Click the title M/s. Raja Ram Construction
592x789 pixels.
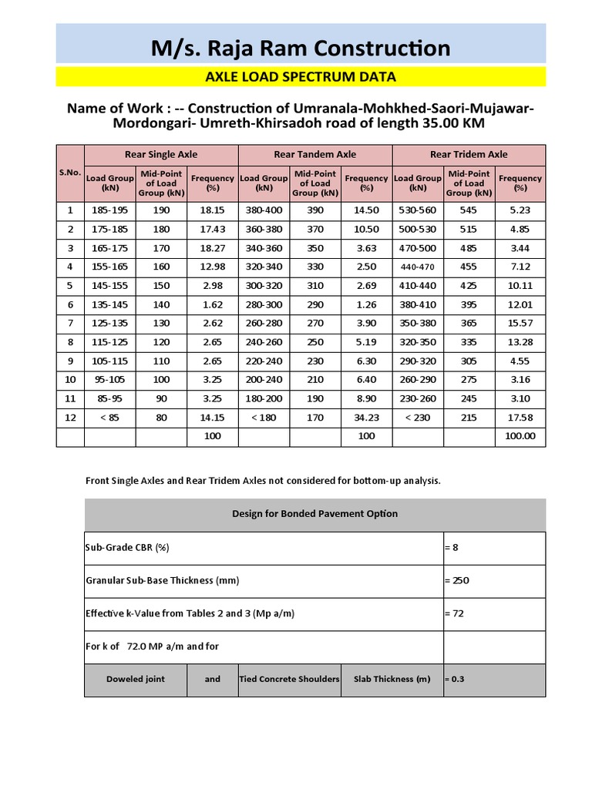pyautogui.click(x=301, y=48)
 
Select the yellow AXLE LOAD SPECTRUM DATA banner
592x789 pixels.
pyautogui.click(x=301, y=76)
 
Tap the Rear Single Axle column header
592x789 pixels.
pyautogui.click(x=161, y=154)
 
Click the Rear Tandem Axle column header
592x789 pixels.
pyautogui.click(x=315, y=154)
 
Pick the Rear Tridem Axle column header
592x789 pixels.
pyautogui.click(x=469, y=154)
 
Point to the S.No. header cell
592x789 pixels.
pyautogui.click(x=70, y=173)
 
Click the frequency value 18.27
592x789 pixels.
pyautogui.click(x=212, y=248)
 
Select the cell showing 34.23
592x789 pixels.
pyautogui.click(x=366, y=418)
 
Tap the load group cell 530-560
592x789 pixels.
pyautogui.click(x=418, y=210)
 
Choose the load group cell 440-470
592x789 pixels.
pyautogui.click(x=418, y=267)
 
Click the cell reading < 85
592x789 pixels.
pyautogui.click(x=110, y=418)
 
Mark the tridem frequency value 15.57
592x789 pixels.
pyautogui.click(x=520, y=324)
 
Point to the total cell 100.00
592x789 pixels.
pyautogui.click(x=520, y=436)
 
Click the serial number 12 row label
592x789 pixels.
pyautogui.click(x=70, y=418)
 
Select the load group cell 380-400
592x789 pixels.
pyautogui.click(x=264, y=210)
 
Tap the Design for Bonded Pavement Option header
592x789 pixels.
pyautogui.click(x=314, y=514)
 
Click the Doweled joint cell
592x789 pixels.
pyautogui.click(x=136, y=679)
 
